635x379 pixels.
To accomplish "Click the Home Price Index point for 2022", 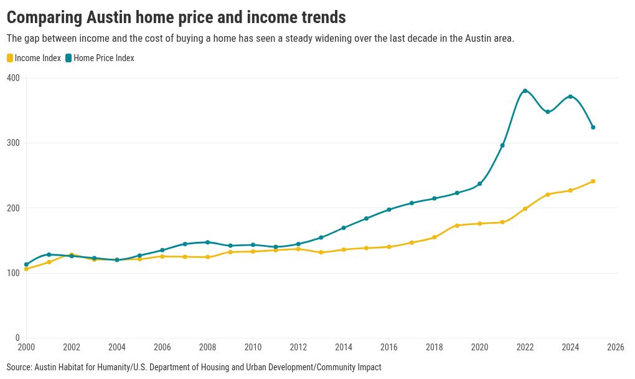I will [525, 91].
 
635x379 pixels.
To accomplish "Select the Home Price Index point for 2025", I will [593, 127].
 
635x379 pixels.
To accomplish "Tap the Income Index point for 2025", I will [593, 181].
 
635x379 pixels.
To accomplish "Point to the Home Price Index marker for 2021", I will [502, 145].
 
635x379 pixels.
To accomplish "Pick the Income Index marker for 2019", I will [457, 226].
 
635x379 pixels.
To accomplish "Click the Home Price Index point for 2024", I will [570, 97].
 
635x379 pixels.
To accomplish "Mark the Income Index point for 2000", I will [26, 269].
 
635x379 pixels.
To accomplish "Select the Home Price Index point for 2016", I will [389, 209].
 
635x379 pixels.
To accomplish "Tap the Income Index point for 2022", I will [525, 209].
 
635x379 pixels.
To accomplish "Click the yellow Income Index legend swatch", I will [10, 58].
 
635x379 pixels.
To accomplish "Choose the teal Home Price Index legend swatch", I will [68, 58].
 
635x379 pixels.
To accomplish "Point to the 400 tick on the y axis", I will [14, 78].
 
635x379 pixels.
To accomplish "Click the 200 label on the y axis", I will [14, 208].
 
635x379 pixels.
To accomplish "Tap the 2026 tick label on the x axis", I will [616, 347].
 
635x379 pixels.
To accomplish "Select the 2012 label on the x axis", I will [298, 347].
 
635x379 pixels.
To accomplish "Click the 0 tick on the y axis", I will [17, 338].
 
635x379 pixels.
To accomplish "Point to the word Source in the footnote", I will [19, 367].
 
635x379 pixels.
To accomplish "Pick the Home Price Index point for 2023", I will [548, 112].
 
